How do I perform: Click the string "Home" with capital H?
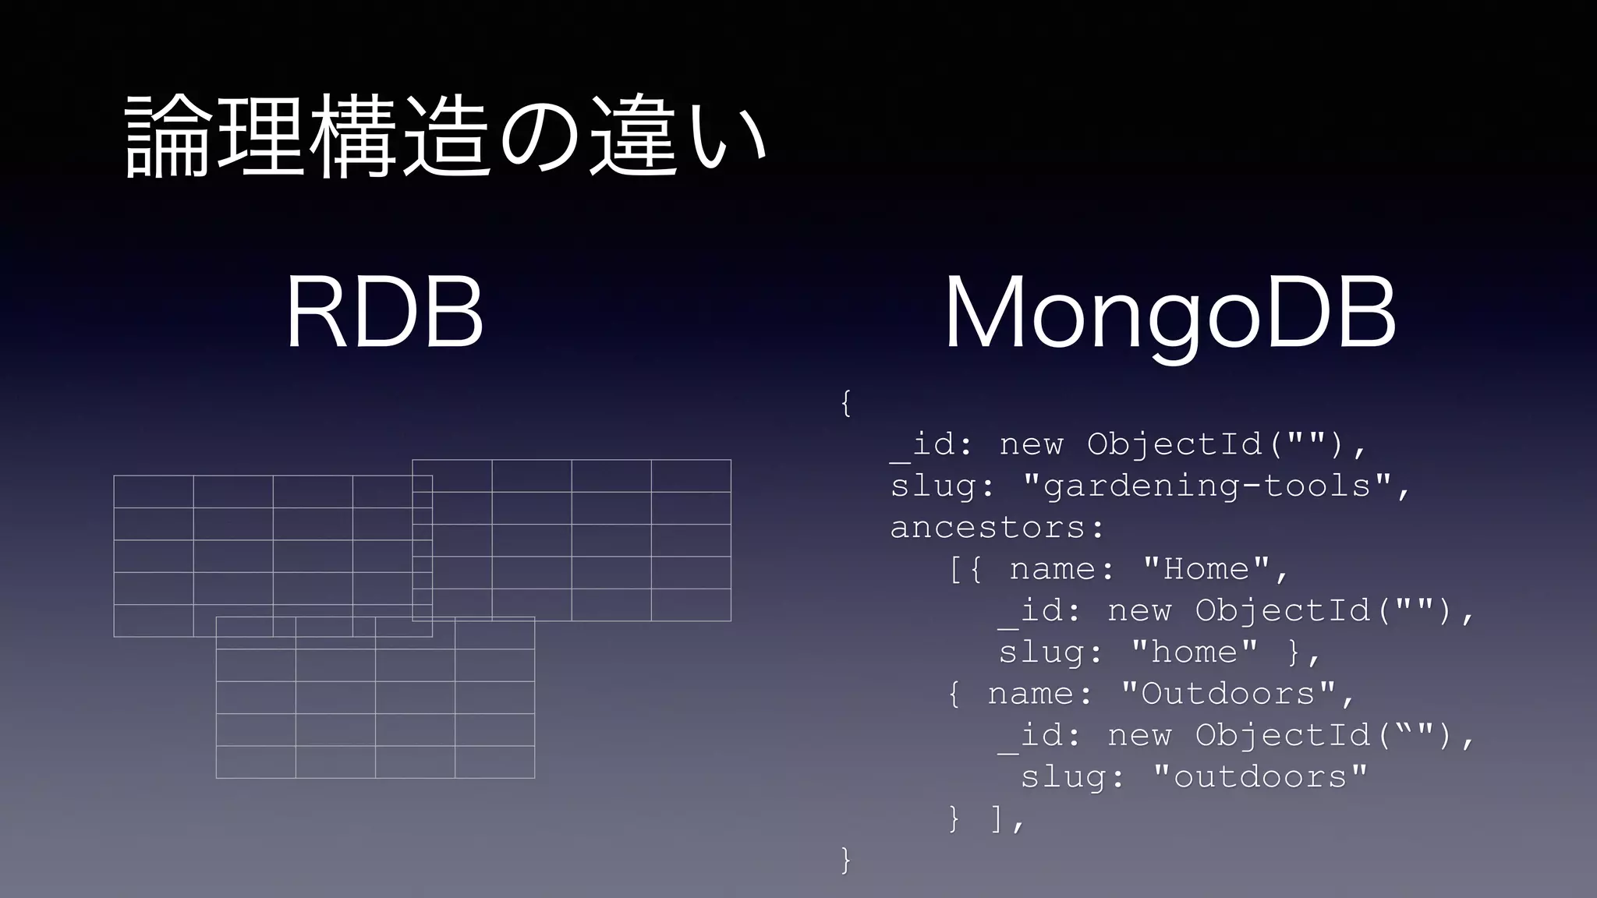[1207, 570]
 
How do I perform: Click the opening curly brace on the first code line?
[846, 404]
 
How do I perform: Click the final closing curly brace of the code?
[846, 861]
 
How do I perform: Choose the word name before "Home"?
[1052, 570]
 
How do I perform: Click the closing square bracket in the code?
[996, 819]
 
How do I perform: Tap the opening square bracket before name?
[955, 570]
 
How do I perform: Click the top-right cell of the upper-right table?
[691, 476]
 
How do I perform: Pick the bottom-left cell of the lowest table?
[256, 762]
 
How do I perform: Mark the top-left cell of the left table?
[154, 491]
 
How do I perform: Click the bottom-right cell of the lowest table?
[494, 762]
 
